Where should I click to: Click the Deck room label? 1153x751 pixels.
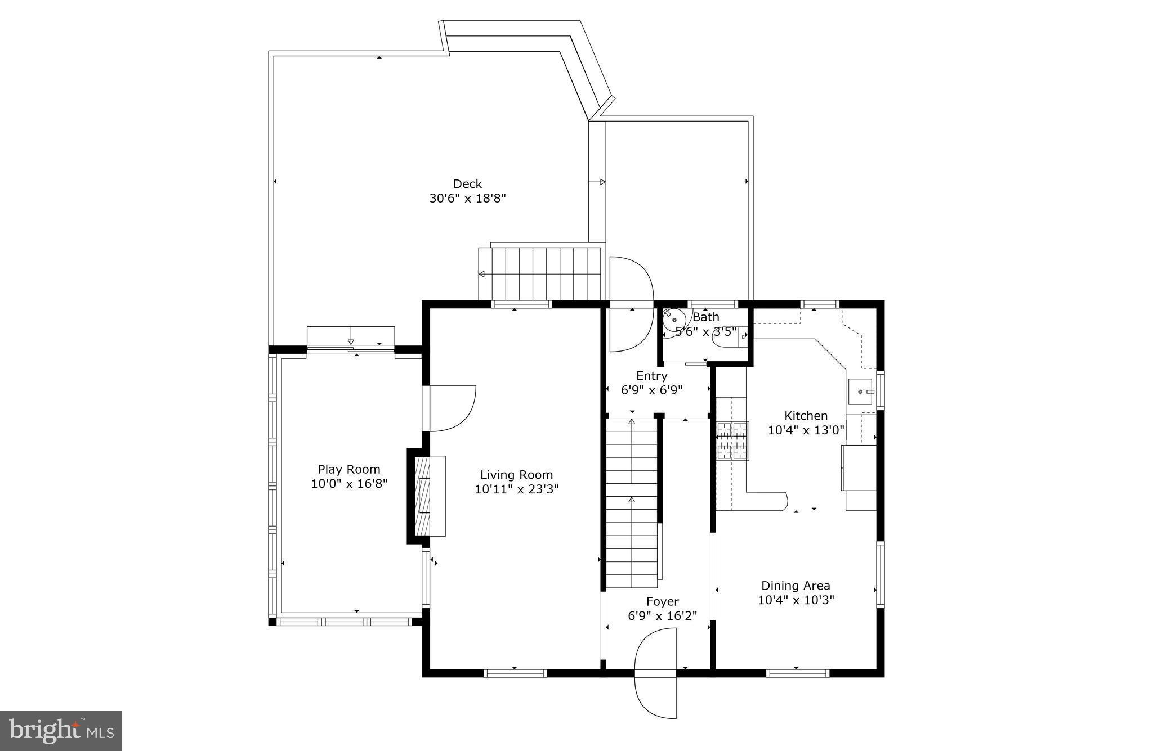click(x=467, y=184)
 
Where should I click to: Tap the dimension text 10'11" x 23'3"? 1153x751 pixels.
click(x=516, y=489)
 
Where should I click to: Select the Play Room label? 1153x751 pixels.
click(x=349, y=469)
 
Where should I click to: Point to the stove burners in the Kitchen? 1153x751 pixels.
click(x=732, y=440)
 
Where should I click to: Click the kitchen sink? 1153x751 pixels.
click(x=860, y=392)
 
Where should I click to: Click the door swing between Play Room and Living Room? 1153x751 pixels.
click(x=450, y=407)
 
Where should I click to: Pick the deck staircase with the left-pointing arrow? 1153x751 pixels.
click(x=540, y=274)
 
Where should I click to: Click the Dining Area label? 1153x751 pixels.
click(x=796, y=586)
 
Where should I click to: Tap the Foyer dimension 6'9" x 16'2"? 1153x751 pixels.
click(x=662, y=616)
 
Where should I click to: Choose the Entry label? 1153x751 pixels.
click(x=652, y=376)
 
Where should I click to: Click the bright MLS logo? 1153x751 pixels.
click(x=61, y=731)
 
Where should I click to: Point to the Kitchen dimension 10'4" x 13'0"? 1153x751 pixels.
click(x=806, y=430)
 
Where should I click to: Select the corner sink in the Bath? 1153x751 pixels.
click(x=673, y=321)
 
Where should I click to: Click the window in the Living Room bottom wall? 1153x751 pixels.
click(x=515, y=673)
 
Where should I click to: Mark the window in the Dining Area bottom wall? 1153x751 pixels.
click(x=797, y=673)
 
